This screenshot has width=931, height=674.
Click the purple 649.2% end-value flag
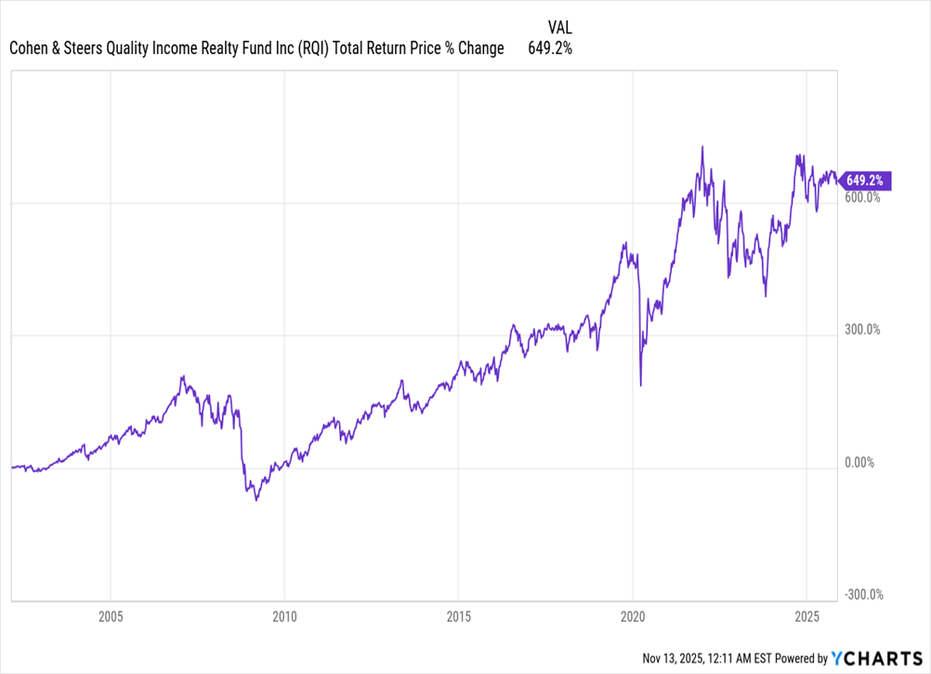866,180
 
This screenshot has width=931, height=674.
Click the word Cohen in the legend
28,48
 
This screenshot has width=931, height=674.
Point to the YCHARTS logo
875,658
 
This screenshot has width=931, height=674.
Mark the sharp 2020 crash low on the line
641,385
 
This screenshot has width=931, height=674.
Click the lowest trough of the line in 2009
256,500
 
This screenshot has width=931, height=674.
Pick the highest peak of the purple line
702,147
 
